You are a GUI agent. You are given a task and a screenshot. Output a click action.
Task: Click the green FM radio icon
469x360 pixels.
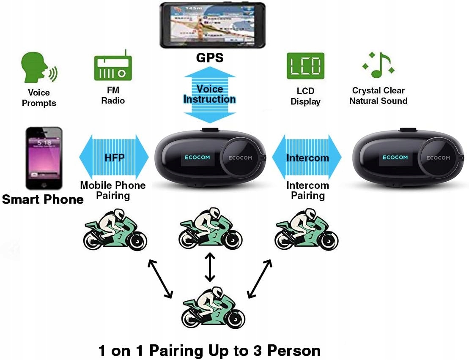click(x=112, y=67)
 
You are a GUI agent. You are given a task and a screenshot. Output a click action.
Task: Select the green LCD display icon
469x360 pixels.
click(x=305, y=66)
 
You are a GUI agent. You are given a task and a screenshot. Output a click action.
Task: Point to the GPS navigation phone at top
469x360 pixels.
click(x=212, y=25)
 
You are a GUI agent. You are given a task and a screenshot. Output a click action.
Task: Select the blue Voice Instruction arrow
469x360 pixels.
click(x=210, y=94)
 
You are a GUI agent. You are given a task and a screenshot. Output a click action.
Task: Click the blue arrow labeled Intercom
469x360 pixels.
click(x=307, y=158)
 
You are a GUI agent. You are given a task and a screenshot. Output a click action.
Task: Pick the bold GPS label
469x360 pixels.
click(x=210, y=57)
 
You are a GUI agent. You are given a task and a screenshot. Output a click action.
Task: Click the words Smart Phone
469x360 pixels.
click(x=43, y=199)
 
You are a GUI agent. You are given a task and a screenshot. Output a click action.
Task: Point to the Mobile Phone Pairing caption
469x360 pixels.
click(x=113, y=190)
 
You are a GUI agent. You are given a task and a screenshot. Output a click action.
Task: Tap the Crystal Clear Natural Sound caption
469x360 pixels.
click(x=378, y=95)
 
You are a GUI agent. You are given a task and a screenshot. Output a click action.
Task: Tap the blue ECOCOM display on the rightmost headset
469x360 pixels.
click(x=395, y=158)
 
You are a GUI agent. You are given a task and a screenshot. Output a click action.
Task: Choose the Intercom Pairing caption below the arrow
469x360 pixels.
click(x=307, y=190)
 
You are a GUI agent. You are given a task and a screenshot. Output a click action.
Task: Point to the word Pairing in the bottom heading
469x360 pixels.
click(x=167, y=351)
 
